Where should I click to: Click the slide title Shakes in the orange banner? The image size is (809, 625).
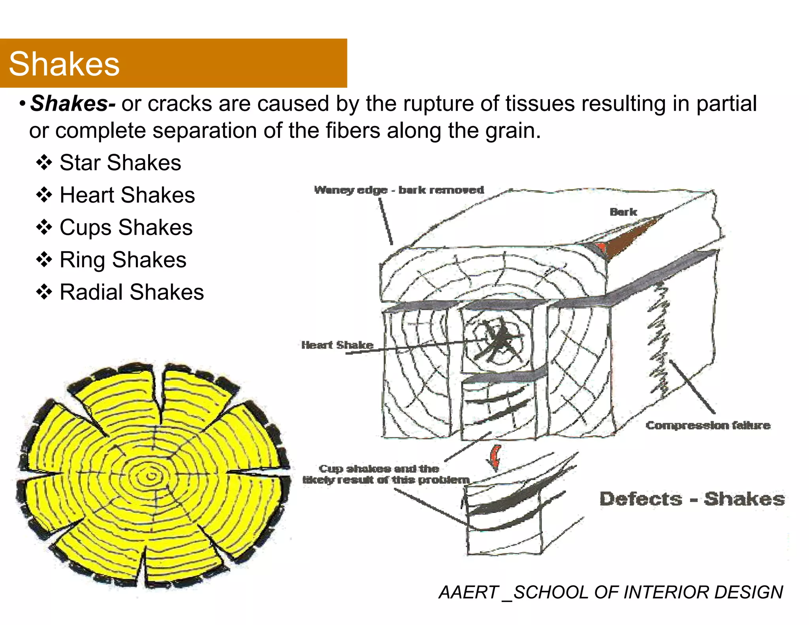coord(64,64)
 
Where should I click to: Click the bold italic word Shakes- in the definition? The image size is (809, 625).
coord(73,104)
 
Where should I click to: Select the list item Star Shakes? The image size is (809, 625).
coord(120,163)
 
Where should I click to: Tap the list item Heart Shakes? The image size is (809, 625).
coord(127,195)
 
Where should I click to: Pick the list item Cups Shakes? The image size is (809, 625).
coord(126,228)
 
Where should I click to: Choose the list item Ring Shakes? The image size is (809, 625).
coord(123,260)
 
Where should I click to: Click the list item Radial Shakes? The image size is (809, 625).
coord(132,292)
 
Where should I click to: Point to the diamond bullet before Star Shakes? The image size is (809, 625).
coord(44,163)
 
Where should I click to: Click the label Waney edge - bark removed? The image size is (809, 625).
coord(399,190)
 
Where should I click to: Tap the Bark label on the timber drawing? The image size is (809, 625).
coord(623,212)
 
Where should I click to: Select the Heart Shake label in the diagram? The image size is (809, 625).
coord(337,345)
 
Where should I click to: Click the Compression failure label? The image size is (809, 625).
coord(708,425)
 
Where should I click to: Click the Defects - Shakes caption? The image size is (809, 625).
coord(692,499)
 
